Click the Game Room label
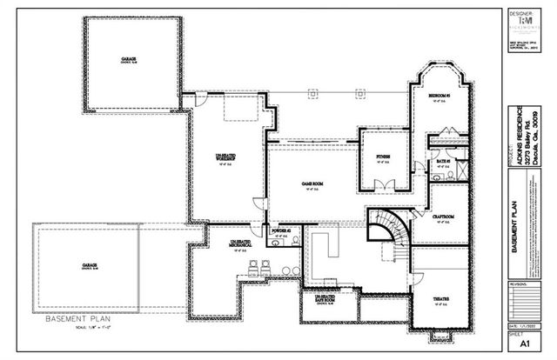pyautogui.click(x=305, y=184)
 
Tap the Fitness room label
pyautogui.click(x=383, y=157)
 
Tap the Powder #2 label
pyautogui.click(x=280, y=231)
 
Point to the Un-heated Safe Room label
pyautogui.click(x=325, y=298)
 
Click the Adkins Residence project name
pyautogui.click(x=517, y=139)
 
